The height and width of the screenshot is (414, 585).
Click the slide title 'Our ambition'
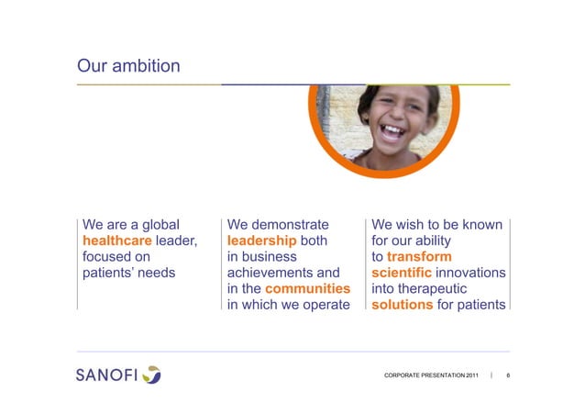(x=128, y=66)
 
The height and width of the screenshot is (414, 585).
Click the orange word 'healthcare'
(x=116, y=240)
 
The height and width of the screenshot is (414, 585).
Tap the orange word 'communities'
(x=308, y=289)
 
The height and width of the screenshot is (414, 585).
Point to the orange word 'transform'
(x=419, y=256)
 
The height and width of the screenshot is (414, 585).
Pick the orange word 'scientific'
(x=402, y=273)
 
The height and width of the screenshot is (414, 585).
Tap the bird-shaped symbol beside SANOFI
(x=151, y=375)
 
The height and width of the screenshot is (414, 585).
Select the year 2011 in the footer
(x=469, y=377)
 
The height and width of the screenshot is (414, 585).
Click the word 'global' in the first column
(x=157, y=223)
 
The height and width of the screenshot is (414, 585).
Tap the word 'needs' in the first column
(x=157, y=273)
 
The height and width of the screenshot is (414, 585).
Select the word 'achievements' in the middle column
(x=270, y=273)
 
